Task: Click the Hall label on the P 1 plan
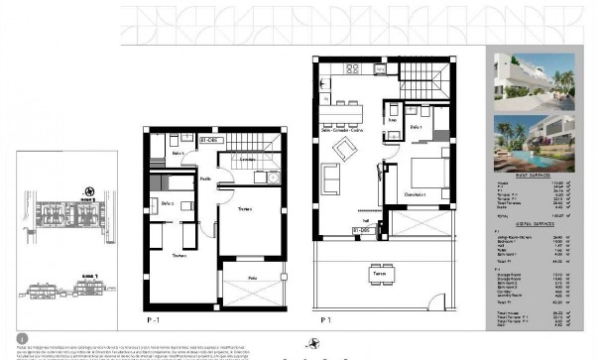365,220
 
